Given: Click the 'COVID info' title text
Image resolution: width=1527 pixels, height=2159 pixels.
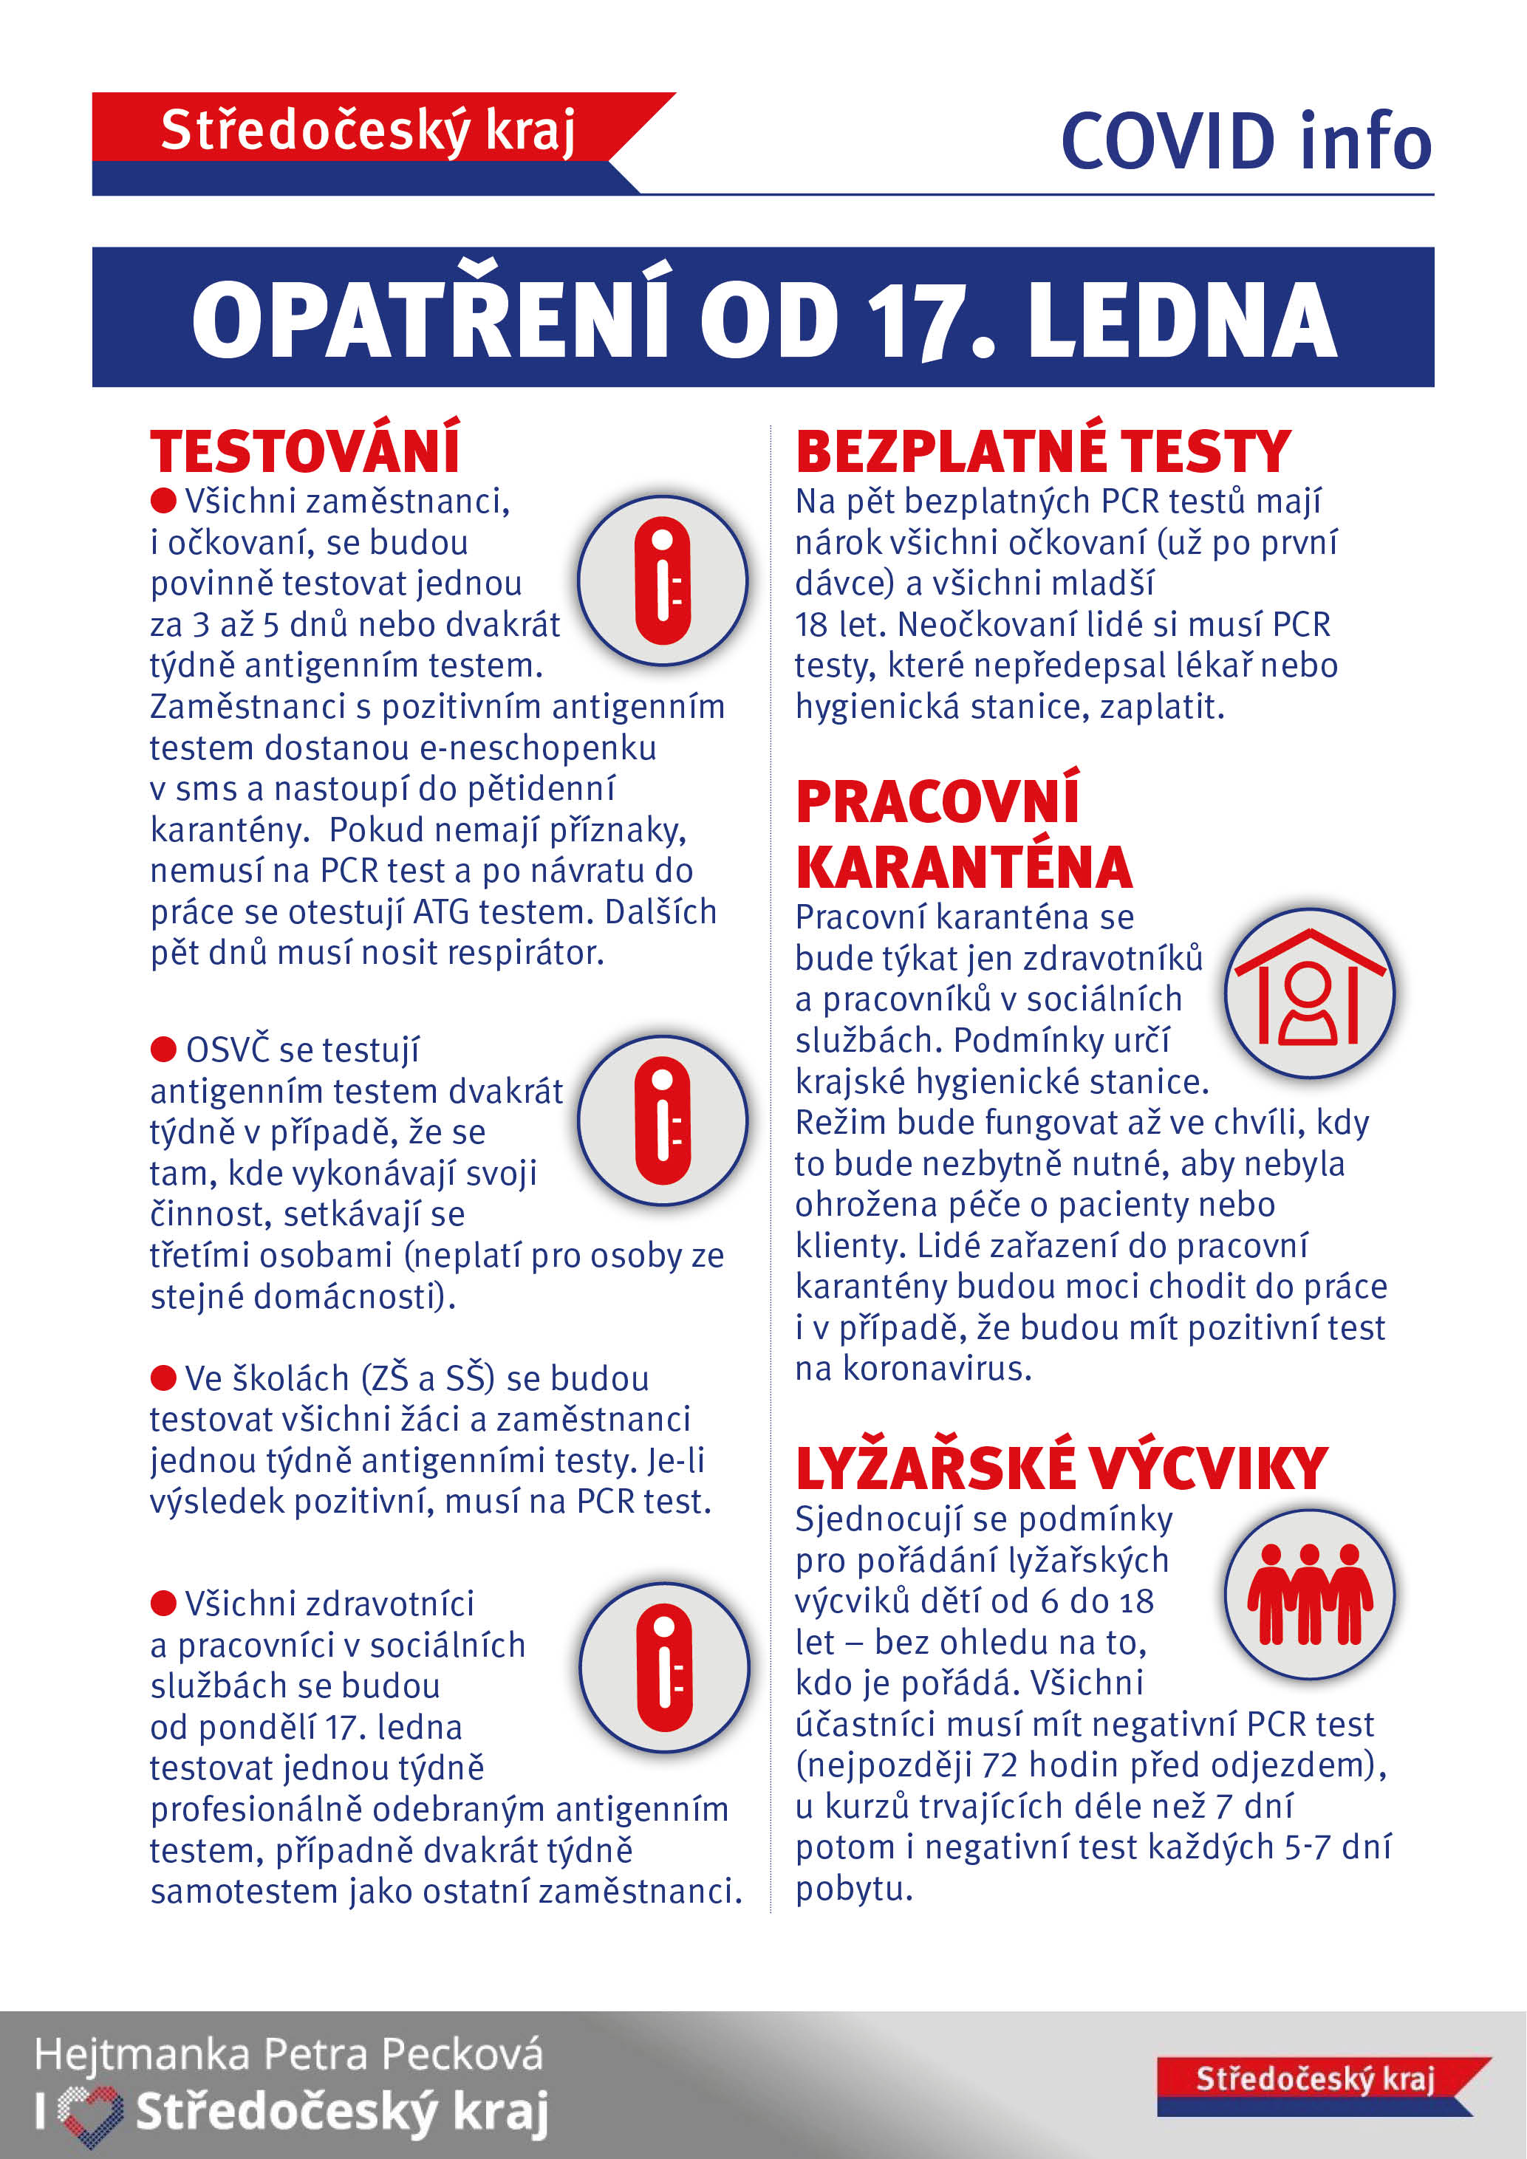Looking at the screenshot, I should point(1245,142).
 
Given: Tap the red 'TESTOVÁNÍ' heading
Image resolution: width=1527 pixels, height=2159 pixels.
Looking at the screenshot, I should point(304,451).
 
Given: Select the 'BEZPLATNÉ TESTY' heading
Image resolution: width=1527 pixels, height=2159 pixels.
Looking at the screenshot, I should point(1043,451).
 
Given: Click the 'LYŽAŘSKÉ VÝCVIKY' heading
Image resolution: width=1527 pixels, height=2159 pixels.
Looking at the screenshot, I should point(1061,1469).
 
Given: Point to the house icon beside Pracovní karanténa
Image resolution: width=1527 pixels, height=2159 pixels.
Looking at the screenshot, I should point(1309,992).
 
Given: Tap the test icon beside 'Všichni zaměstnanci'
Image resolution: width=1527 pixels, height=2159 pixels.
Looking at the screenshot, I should point(663,580).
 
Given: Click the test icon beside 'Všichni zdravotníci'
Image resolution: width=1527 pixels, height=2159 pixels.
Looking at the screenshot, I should point(664,1667).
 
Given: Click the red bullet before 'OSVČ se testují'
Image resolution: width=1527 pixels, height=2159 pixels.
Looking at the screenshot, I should point(163,1047).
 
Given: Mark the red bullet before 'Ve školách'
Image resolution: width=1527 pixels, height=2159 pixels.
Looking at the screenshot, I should point(163,1378).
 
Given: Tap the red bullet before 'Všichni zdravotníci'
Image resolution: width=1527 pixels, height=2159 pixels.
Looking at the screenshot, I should point(163,1602).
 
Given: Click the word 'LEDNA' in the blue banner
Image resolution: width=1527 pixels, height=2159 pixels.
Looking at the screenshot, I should point(1182,321).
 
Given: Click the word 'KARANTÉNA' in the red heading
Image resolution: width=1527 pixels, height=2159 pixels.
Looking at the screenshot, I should point(964,867).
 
